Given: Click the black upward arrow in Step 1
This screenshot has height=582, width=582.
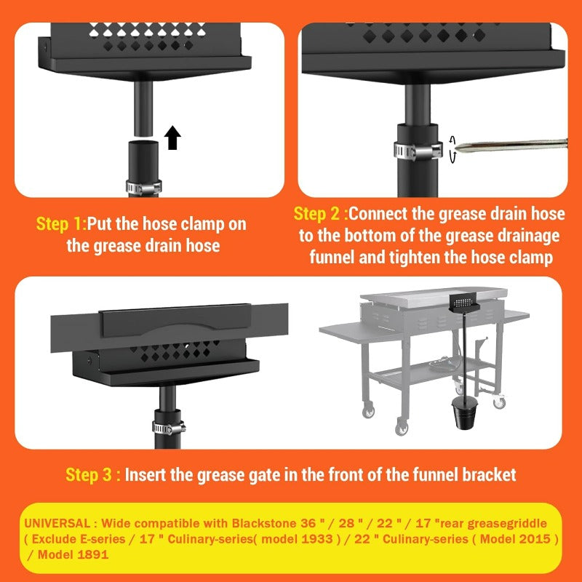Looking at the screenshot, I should [172, 137].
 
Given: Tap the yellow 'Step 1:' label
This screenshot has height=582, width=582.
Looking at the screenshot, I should [60, 224].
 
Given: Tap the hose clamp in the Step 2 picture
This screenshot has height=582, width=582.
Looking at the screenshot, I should [418, 150].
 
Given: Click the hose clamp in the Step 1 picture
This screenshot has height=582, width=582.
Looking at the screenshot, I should [143, 186].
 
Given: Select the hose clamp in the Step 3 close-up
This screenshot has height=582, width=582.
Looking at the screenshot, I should [168, 425].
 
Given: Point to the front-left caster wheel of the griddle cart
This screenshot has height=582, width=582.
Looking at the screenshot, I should [401, 427].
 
